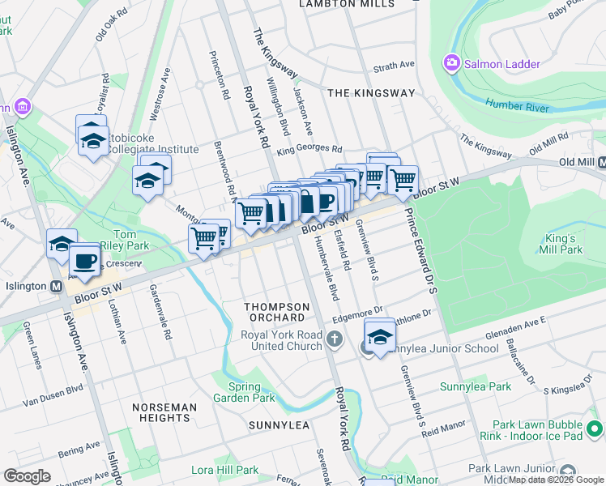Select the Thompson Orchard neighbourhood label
click(277, 312)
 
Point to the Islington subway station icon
click(57, 287)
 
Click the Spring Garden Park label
click(244, 392)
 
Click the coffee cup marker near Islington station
click(83, 262)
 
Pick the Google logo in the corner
click(27, 475)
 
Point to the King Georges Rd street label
click(309, 149)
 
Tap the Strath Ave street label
click(394, 65)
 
